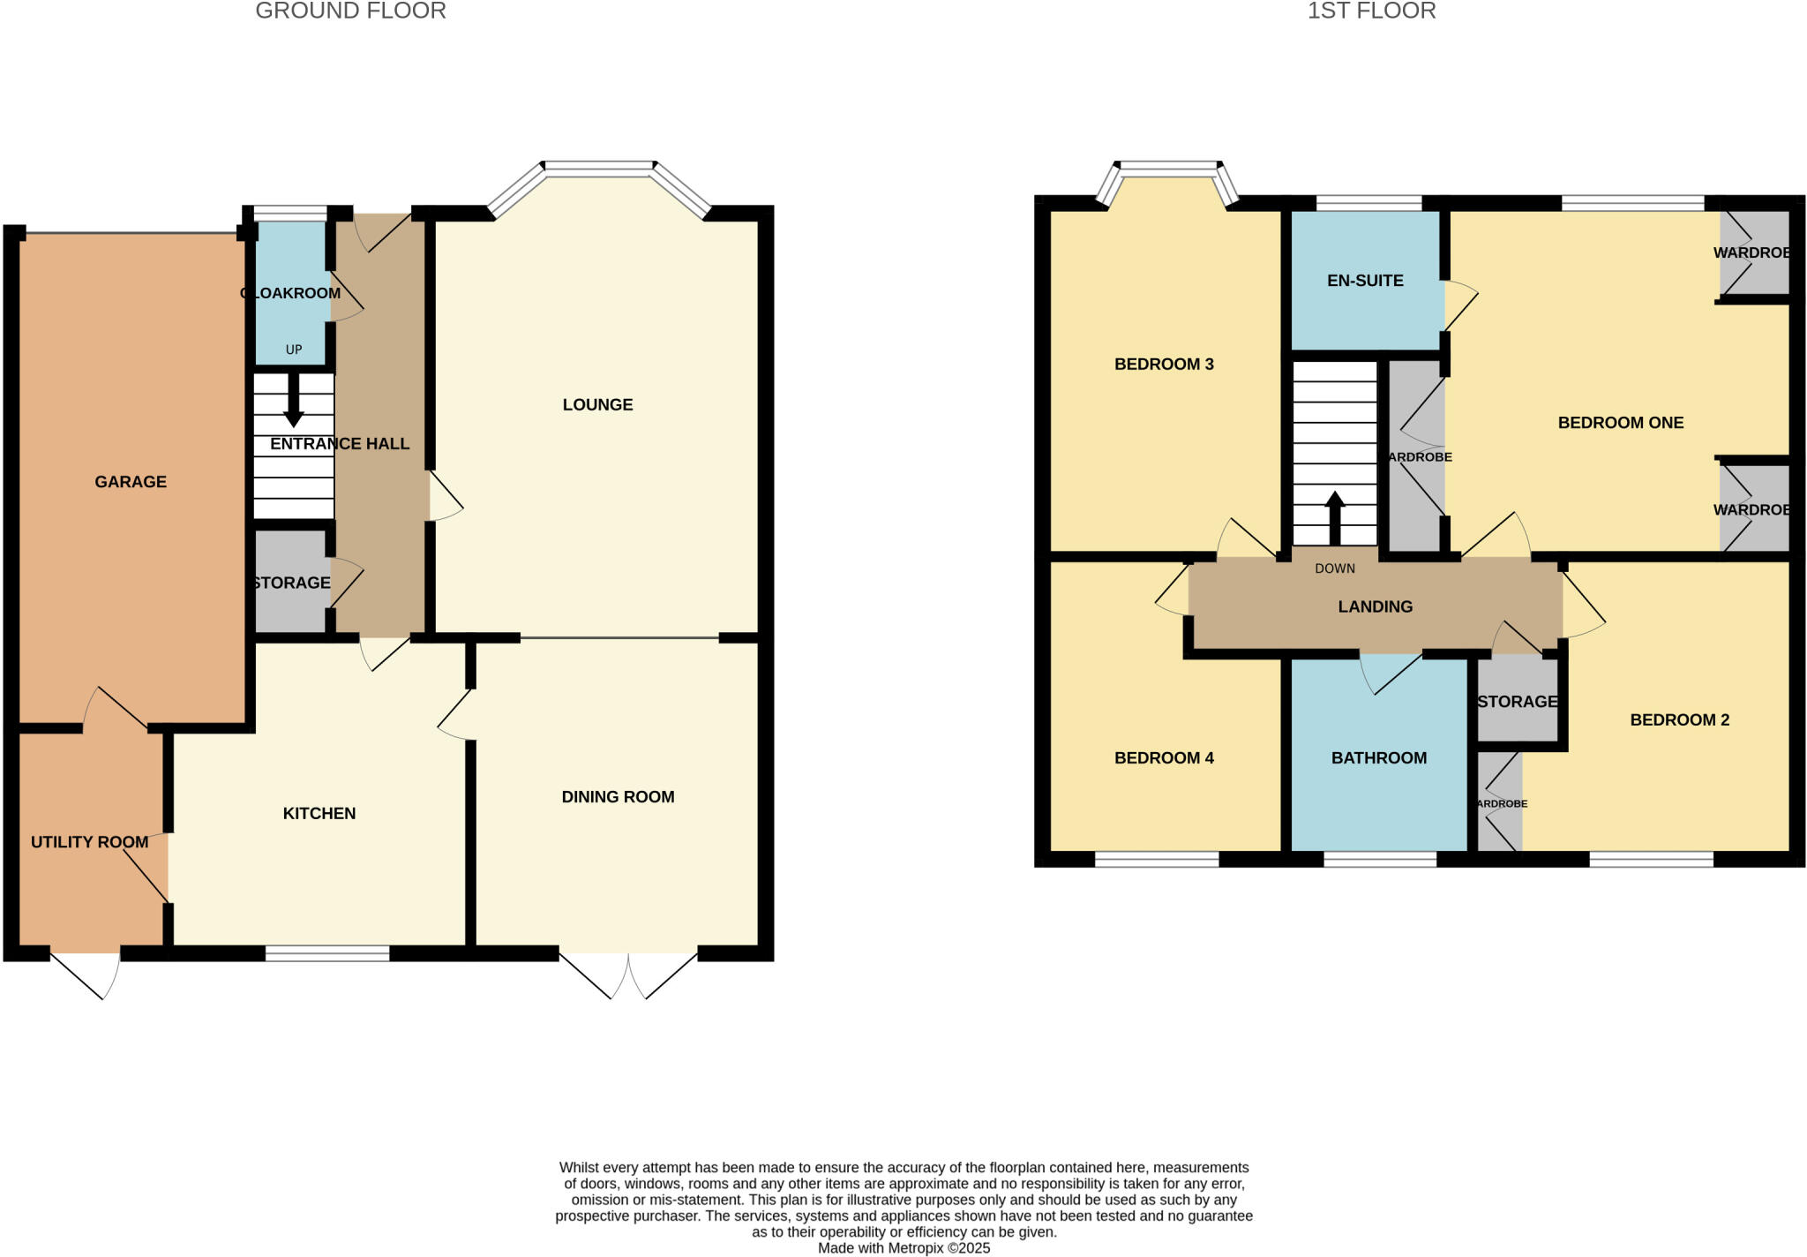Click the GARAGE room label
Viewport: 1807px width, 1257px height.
131,481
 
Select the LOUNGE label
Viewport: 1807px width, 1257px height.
597,404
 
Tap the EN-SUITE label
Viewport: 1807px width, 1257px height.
1365,281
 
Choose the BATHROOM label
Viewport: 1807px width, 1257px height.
1378,757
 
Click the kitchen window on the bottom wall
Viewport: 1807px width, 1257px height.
327,952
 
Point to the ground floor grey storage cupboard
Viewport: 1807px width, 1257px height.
291,583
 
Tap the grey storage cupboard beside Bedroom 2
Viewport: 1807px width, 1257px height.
1516,702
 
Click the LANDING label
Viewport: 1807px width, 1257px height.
1375,606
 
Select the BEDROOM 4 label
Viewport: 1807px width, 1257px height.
1164,757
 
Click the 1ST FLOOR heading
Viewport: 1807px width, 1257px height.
1371,11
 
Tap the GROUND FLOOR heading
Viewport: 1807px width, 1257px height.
350,11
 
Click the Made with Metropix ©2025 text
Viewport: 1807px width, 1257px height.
903,1248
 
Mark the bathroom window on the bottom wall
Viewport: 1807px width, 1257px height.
1380,859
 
